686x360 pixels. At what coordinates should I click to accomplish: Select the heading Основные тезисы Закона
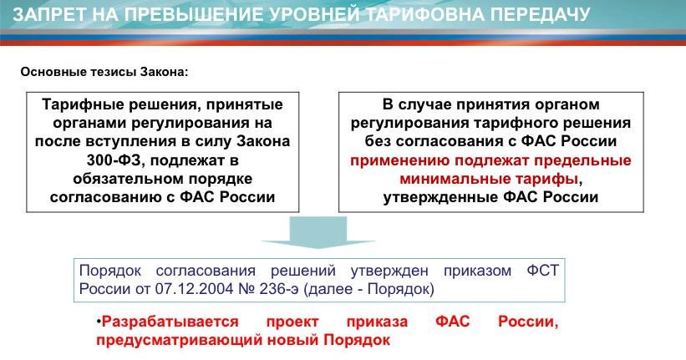point(104,71)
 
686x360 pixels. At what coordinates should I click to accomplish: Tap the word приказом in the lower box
point(466,272)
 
